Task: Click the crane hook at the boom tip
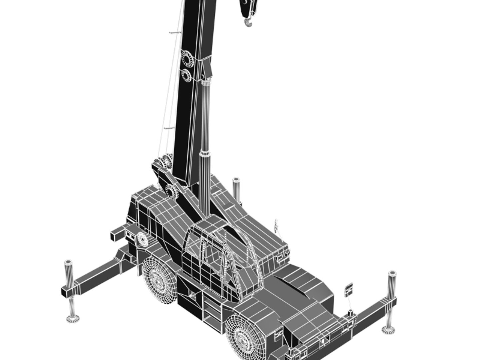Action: pyautogui.click(x=248, y=23)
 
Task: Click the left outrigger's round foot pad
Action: pyautogui.click(x=73, y=319)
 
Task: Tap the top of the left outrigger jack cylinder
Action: pyautogui.click(x=68, y=263)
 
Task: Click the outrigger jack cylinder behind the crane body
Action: pyautogui.click(x=236, y=188)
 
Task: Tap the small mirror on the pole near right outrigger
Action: pyautogui.click(x=348, y=289)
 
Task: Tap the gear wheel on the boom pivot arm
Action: pyautogui.click(x=172, y=191)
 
